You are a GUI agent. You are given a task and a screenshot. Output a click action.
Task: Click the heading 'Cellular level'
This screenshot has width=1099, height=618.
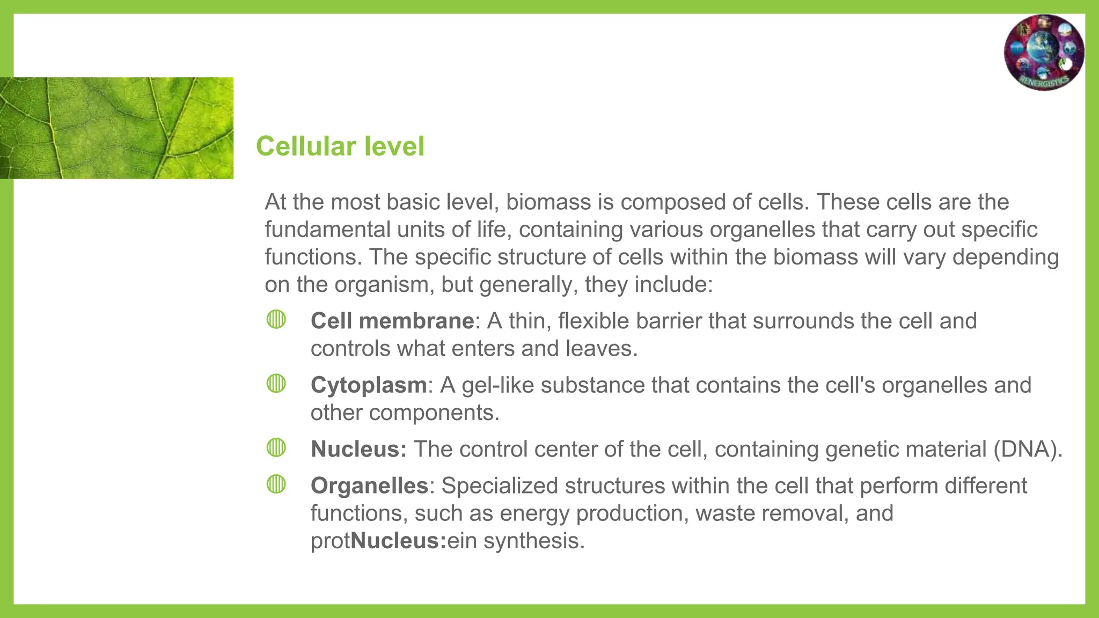pyautogui.click(x=340, y=146)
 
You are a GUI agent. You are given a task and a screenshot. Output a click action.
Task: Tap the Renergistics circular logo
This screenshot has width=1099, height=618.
pyautogui.click(x=1044, y=53)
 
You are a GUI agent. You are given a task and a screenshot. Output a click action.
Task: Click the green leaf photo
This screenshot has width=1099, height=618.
pyautogui.click(x=116, y=128)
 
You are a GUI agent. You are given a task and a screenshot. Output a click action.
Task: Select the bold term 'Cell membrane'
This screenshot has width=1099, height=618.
pyautogui.click(x=392, y=321)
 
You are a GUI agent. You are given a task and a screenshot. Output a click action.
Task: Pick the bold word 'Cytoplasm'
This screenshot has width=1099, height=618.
pyautogui.click(x=369, y=385)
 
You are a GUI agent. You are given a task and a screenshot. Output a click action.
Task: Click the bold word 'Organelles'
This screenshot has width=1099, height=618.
pyautogui.click(x=369, y=486)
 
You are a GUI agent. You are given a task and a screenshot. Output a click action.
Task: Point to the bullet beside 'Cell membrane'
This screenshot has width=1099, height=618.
pyautogui.click(x=276, y=320)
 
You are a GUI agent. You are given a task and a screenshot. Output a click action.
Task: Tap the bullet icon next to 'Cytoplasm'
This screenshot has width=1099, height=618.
pyautogui.click(x=276, y=384)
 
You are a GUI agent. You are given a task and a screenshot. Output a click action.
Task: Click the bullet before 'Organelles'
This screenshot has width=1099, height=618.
pyautogui.click(x=276, y=484)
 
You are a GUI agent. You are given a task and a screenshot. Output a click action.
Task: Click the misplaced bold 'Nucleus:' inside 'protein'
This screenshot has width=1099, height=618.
pyautogui.click(x=398, y=541)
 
